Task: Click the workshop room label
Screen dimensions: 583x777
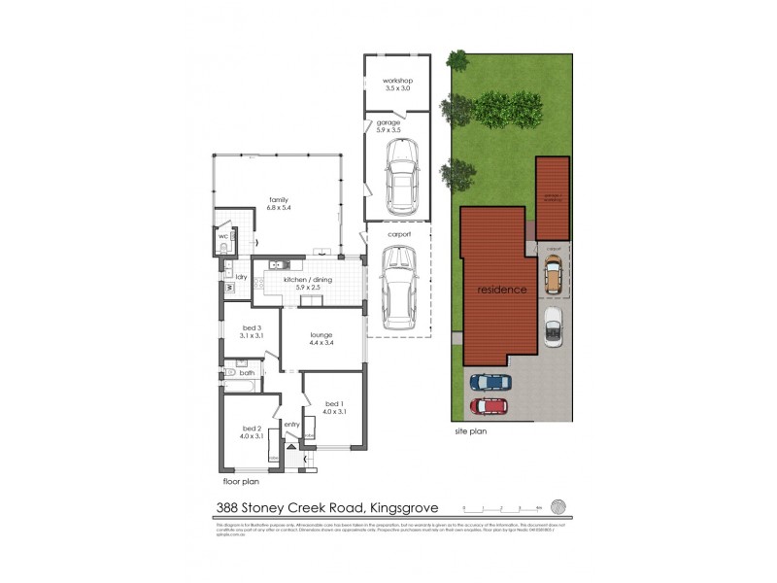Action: click(396, 80)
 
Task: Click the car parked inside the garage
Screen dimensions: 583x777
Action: click(401, 177)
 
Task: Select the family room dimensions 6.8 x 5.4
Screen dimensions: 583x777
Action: click(280, 207)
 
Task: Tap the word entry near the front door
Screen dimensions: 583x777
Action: click(292, 424)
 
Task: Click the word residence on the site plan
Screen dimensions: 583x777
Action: click(501, 290)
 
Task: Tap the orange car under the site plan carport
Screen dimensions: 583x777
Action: click(553, 278)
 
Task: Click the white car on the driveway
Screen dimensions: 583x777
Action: click(554, 327)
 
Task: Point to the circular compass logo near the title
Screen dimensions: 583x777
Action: click(557, 506)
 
